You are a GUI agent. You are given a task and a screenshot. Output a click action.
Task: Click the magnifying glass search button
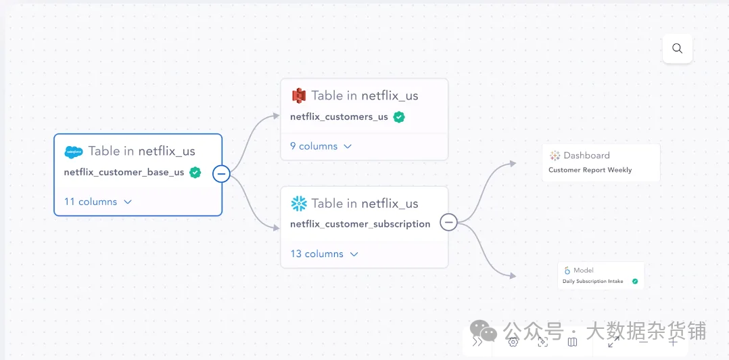point(677,49)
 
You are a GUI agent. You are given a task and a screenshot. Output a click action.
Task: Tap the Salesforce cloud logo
point(73,152)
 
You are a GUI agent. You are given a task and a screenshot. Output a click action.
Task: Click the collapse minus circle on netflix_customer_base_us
point(221,174)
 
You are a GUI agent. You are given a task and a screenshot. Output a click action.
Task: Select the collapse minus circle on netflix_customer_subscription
point(448,222)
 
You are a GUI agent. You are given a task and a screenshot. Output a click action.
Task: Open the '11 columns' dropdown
point(98,202)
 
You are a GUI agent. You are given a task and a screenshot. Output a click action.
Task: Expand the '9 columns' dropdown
point(321,146)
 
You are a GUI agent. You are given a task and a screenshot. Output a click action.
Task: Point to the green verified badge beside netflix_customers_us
point(399,116)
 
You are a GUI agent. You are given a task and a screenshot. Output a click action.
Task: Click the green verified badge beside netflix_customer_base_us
point(195,172)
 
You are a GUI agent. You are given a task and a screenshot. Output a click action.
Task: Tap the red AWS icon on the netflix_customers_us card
point(299,95)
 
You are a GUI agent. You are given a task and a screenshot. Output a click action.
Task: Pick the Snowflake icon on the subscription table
point(299,204)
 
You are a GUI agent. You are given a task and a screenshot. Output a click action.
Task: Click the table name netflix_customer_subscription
point(360,224)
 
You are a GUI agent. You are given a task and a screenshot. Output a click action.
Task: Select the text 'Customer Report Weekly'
point(590,170)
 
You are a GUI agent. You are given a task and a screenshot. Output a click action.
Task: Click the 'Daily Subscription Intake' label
point(593,282)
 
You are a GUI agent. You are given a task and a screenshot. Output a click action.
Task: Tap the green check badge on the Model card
point(635,281)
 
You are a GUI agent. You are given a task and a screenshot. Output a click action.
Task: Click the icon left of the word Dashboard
point(555,156)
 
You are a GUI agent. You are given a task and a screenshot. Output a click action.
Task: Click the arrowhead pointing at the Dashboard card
point(513,163)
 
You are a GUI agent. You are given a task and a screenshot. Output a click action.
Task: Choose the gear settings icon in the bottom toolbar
point(513,342)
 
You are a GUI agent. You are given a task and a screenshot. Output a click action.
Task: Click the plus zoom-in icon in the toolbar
point(673,342)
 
